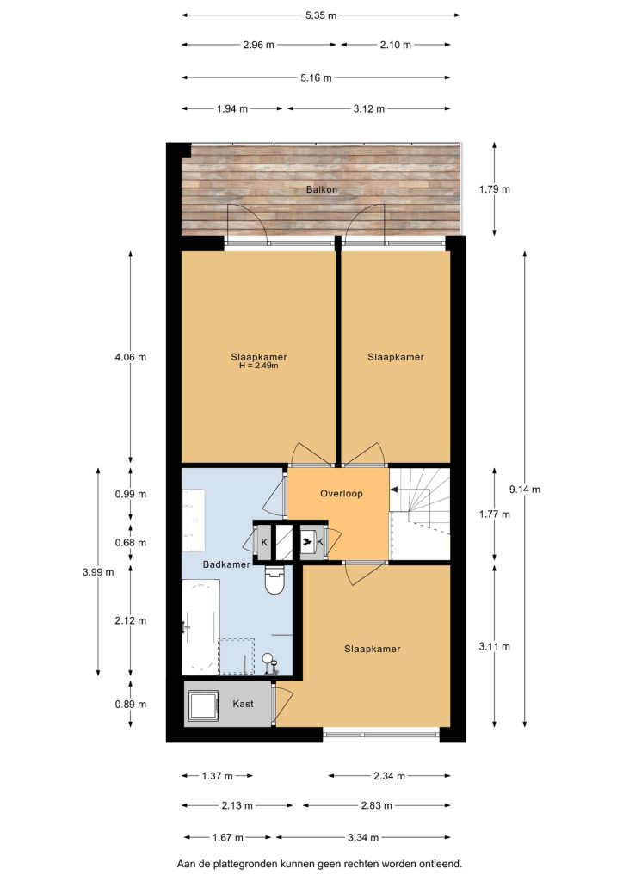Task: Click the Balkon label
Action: point(321,189)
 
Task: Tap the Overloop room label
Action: point(341,494)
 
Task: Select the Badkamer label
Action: point(225,564)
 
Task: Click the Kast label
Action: point(243,704)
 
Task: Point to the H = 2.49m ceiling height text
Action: point(258,366)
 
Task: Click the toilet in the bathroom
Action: point(275,579)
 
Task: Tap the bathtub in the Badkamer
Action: point(200,626)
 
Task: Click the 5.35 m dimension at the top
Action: point(321,15)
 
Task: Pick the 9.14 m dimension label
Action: point(525,490)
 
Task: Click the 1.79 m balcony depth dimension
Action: point(494,189)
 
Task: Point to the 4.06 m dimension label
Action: point(130,357)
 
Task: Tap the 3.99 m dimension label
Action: point(98,572)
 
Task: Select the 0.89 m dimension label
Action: point(130,704)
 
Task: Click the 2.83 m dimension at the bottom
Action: point(376,805)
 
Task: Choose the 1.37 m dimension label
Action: point(217,776)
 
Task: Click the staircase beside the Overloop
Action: point(420,514)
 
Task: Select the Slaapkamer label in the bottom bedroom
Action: point(372,649)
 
